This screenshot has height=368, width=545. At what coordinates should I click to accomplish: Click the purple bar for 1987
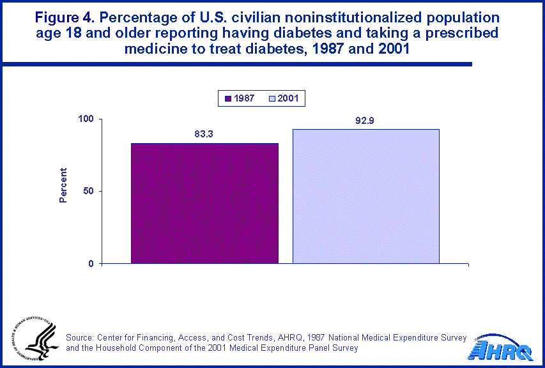[x=204, y=203]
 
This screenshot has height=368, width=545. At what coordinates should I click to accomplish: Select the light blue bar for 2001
[x=366, y=196]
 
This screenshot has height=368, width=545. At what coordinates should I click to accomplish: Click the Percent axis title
[x=63, y=185]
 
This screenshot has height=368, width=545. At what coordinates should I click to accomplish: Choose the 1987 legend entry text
[x=244, y=98]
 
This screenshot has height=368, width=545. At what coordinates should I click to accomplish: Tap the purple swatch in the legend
[x=227, y=98]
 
